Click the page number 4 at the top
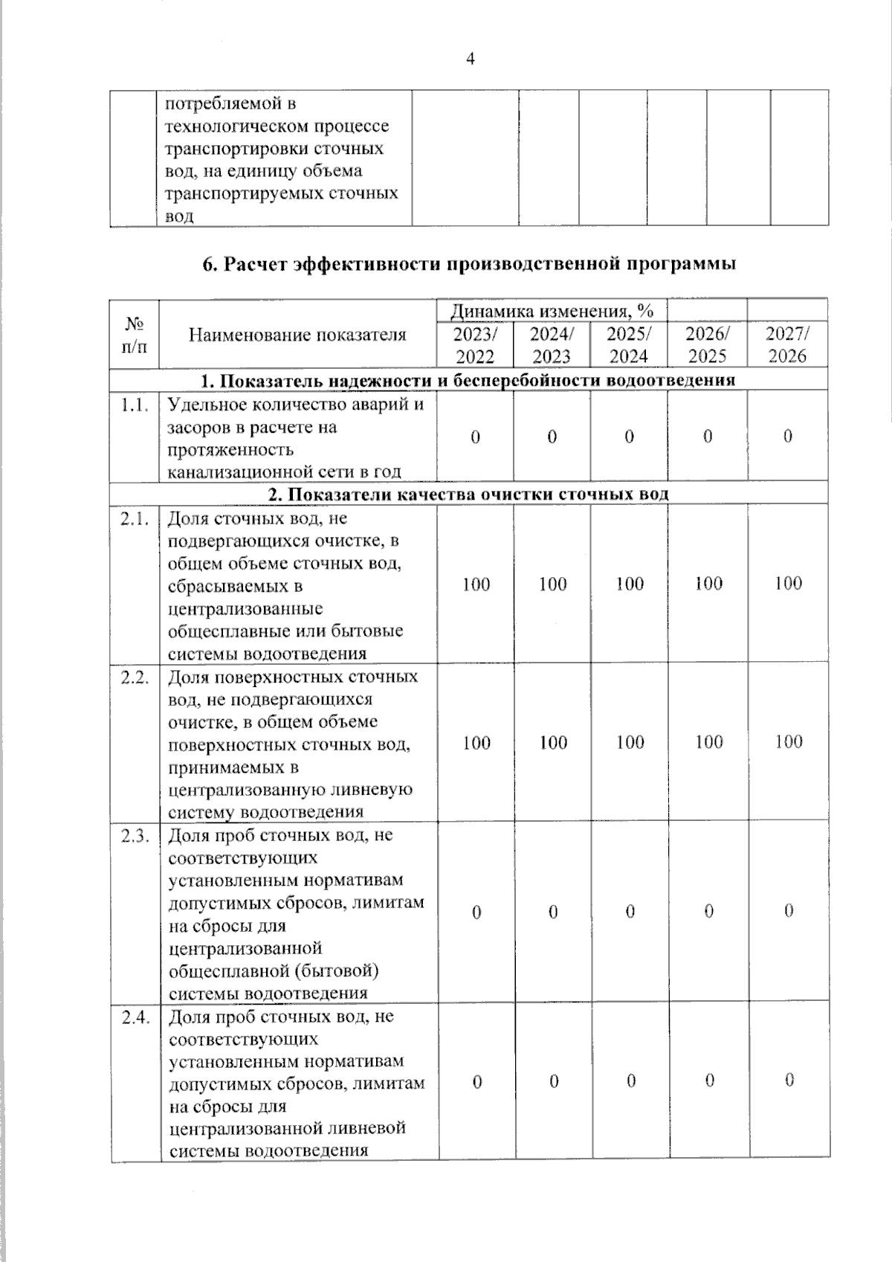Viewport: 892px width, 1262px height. pos(470,60)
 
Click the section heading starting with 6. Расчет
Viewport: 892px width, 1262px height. pos(470,264)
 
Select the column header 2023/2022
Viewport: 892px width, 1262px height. pos(474,344)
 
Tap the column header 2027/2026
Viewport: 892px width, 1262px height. pos(787,344)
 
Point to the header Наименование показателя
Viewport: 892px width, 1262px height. pos(297,335)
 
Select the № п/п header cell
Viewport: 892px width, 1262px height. pos(135,335)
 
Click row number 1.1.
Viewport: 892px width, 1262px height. pos(135,405)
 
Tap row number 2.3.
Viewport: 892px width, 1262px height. pos(135,836)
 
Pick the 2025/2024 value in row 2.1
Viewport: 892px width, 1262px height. pos(630,585)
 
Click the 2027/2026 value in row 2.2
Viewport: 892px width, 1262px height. pos(788,742)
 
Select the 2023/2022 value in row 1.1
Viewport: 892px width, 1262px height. pos(475,437)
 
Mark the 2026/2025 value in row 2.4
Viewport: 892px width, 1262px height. pos(709,1081)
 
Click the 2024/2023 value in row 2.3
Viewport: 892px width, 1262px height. pos(553,912)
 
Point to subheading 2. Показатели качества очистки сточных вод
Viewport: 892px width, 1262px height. pos(469,495)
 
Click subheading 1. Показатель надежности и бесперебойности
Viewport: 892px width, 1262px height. pos(469,381)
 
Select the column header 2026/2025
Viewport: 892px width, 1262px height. pos(707,344)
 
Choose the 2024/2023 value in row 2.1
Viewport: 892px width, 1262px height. pos(553,585)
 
